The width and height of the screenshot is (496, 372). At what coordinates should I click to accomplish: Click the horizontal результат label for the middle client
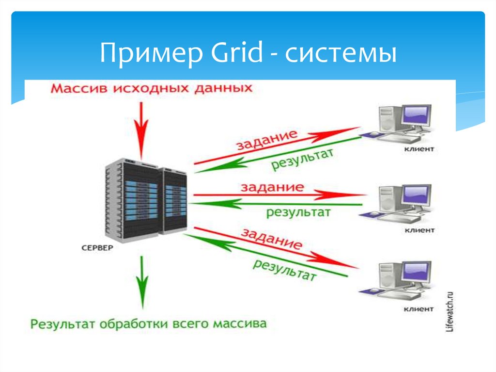coord(298,212)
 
